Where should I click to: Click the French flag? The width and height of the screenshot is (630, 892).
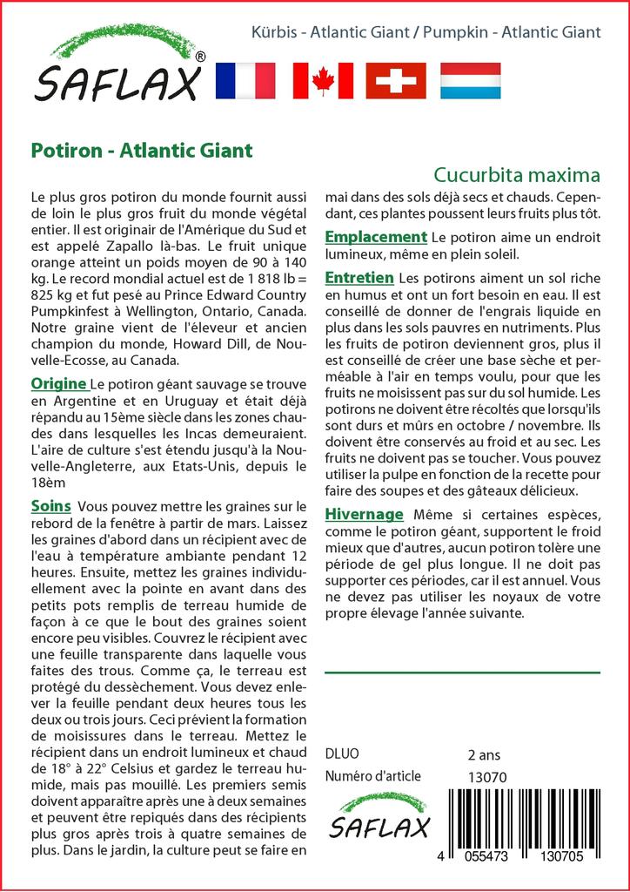(x=244, y=80)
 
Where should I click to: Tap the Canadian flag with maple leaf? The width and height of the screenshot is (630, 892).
(x=323, y=80)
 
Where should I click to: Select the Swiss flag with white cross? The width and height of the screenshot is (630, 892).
(x=396, y=80)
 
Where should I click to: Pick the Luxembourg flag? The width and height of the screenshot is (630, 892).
(x=471, y=80)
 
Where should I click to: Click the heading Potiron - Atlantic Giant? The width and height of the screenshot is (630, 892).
(x=142, y=150)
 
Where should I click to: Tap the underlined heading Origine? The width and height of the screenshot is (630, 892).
(x=58, y=384)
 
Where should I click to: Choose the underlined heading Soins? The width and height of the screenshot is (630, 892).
(x=50, y=506)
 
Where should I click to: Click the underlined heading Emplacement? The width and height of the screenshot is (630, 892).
(x=375, y=237)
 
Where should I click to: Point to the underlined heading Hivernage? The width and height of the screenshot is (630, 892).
(x=363, y=514)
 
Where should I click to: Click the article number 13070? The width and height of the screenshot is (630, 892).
(x=487, y=777)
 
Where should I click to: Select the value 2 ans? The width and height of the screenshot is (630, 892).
(x=484, y=754)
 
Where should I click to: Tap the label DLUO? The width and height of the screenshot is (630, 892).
(x=341, y=754)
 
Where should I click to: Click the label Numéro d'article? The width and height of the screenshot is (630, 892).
(x=372, y=776)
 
